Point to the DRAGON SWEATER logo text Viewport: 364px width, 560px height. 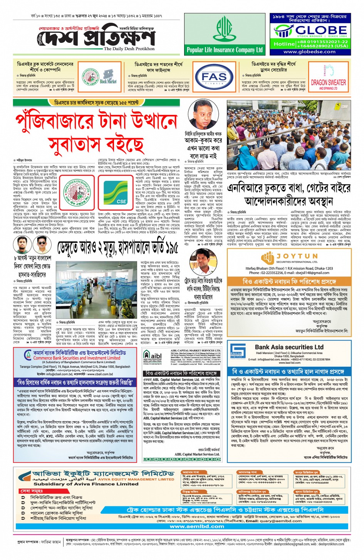point(328,83)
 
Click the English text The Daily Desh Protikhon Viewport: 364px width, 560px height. point(129,49)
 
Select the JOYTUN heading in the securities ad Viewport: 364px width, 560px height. point(302,256)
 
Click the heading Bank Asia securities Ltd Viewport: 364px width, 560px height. point(289,347)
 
